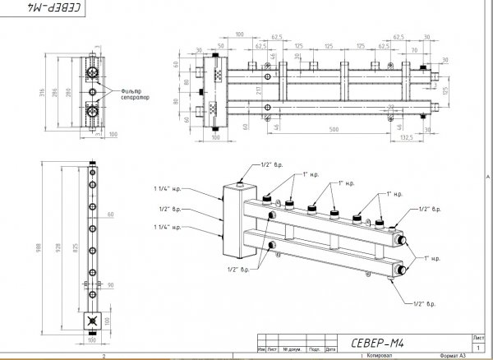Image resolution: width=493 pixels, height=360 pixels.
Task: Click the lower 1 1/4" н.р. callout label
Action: click(165, 227)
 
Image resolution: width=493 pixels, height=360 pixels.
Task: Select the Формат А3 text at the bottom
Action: click(452, 354)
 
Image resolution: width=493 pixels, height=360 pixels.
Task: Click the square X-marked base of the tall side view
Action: click(91, 321)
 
